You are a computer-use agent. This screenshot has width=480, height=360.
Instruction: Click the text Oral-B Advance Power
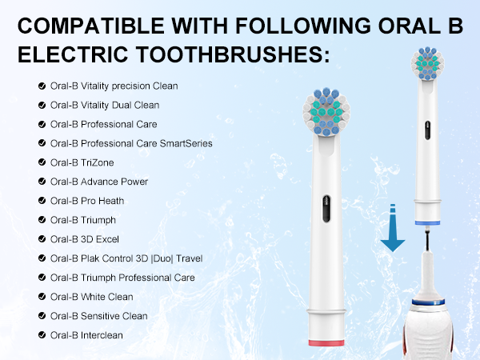(98, 182)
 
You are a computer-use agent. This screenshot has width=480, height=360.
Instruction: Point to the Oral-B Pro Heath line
(87, 201)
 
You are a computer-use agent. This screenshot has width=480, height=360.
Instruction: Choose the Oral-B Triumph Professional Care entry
(122, 278)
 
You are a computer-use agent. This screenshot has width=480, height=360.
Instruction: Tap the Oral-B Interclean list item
(86, 335)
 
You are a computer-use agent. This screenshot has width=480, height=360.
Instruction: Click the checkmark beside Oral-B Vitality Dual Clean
(41, 105)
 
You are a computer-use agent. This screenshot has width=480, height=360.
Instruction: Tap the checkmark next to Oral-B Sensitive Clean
(41, 316)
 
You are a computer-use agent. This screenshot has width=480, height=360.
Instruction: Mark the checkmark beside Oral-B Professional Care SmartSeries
(41, 143)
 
